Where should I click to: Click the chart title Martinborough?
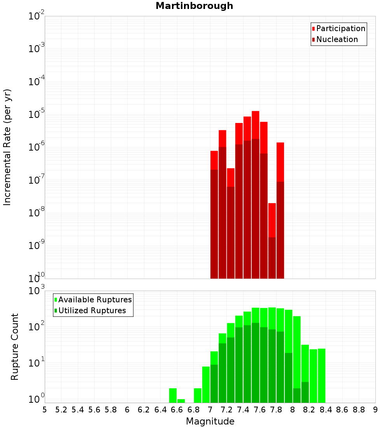194,6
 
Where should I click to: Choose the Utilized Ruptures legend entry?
92,310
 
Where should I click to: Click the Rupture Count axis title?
15,347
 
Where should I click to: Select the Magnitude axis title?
210,421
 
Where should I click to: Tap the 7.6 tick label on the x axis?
259,410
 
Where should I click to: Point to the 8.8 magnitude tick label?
359,410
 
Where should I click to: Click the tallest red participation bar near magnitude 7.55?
255,125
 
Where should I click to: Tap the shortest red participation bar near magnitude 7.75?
272,220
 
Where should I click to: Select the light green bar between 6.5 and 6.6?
173,395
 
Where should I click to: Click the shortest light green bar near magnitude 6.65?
181,401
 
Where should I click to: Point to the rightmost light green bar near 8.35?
321,375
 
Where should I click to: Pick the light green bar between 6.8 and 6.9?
198,395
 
